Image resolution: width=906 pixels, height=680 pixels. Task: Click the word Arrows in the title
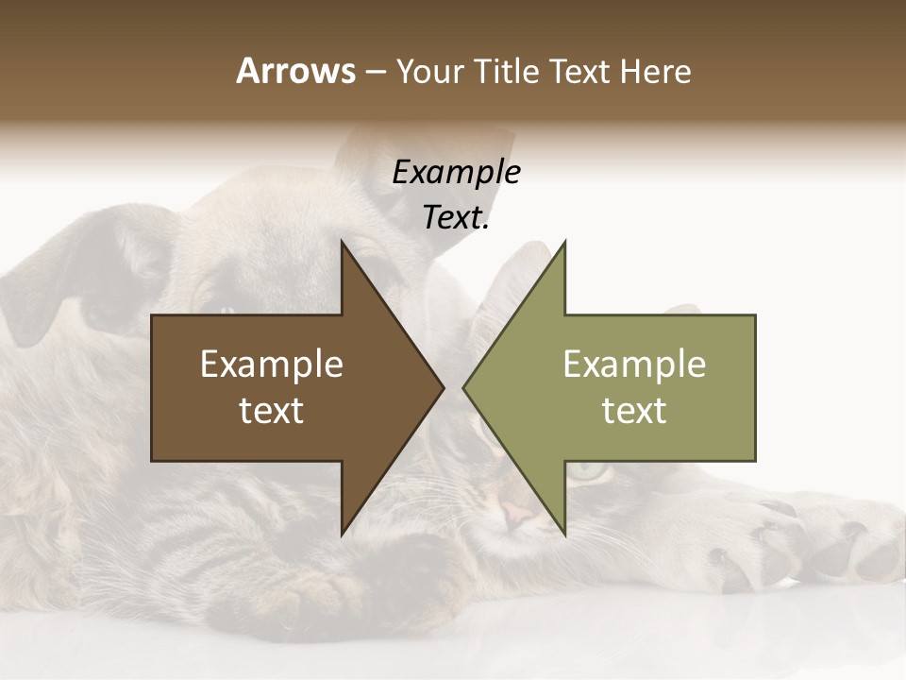coord(295,71)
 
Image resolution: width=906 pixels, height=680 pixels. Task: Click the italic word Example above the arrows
coord(456,172)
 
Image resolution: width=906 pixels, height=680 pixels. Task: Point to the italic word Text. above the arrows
coord(456,217)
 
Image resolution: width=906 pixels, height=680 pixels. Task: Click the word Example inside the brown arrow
coord(272,364)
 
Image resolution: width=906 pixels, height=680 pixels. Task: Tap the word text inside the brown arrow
coord(272,410)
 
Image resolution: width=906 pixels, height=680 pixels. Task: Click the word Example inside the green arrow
coord(634,364)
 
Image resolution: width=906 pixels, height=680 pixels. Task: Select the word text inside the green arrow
coord(634,410)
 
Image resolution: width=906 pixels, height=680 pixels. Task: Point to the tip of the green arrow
coord(464,387)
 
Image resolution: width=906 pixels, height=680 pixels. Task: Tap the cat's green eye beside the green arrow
coord(587,468)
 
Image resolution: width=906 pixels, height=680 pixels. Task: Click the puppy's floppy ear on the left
coord(66,283)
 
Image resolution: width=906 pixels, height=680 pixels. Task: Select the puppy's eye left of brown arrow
coord(226,310)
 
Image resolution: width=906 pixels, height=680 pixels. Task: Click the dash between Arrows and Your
coord(375,73)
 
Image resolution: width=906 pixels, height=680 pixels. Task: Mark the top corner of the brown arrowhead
coord(343,242)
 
